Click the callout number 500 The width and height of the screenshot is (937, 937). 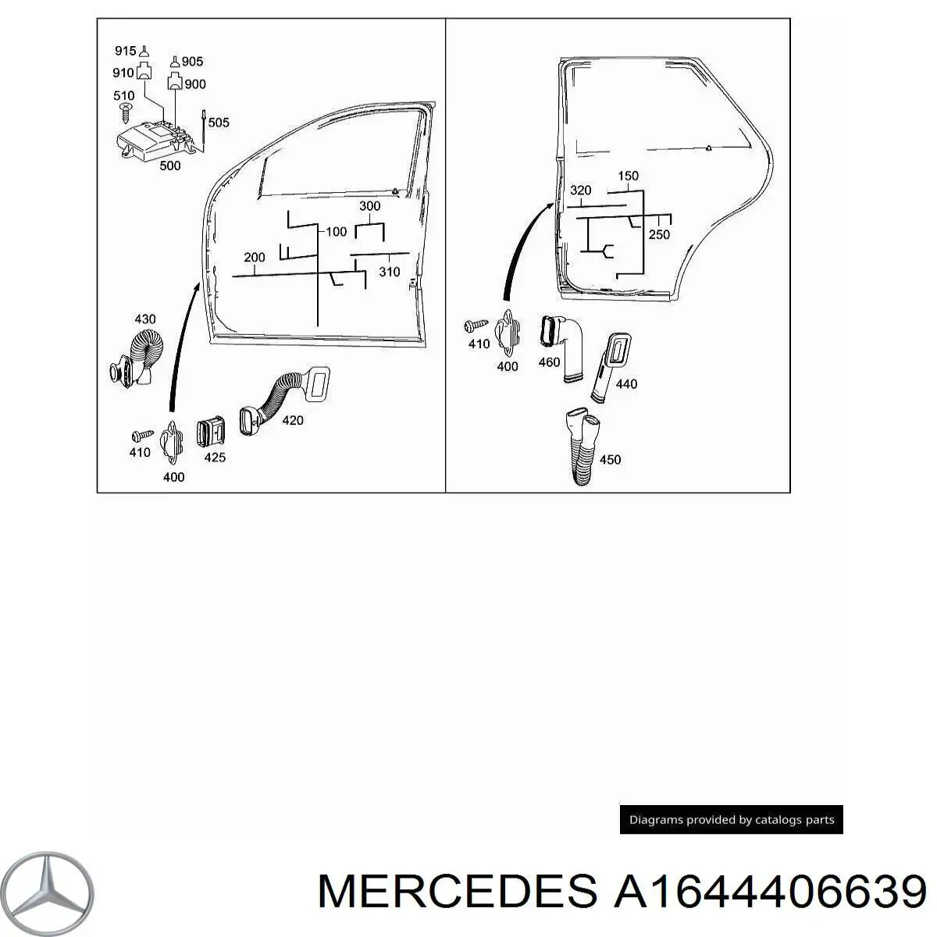pyautogui.click(x=169, y=166)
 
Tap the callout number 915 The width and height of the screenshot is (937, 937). pyautogui.click(x=125, y=52)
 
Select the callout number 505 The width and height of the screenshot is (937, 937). pyautogui.click(x=219, y=123)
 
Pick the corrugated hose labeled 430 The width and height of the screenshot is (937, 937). pyautogui.click(x=141, y=356)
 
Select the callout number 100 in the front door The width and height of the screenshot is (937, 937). pyautogui.click(x=336, y=232)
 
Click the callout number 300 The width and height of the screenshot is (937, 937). pyautogui.click(x=369, y=206)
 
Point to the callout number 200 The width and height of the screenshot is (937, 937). pyautogui.click(x=255, y=257)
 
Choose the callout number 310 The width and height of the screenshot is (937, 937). pyautogui.click(x=389, y=272)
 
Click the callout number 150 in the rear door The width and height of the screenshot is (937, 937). pyautogui.click(x=628, y=176)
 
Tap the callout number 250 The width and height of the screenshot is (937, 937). pyautogui.click(x=659, y=234)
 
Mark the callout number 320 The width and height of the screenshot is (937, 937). pyautogui.click(x=581, y=191)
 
